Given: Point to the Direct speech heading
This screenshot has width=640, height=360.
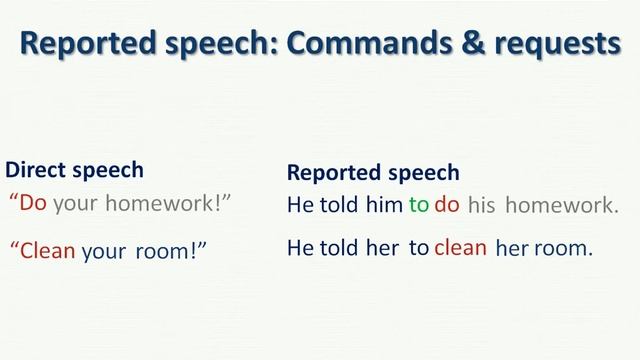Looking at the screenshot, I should (x=74, y=170).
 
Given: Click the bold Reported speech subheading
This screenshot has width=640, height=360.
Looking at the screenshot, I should (x=373, y=172).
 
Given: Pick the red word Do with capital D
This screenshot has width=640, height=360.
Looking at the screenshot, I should (x=34, y=203).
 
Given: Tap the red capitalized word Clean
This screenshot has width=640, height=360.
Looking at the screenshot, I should (x=49, y=250).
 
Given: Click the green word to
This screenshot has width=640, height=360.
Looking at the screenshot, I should (x=418, y=205).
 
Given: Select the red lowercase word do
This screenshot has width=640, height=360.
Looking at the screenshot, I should (x=446, y=205).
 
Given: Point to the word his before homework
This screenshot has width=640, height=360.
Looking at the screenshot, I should (x=482, y=206).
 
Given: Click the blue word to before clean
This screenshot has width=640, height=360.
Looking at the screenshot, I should (x=418, y=248).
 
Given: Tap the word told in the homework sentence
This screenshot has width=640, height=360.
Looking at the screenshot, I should (x=337, y=205).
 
